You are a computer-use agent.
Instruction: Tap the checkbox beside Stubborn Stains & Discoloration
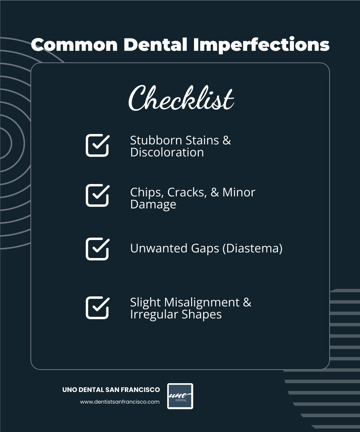pyautogui.click(x=97, y=145)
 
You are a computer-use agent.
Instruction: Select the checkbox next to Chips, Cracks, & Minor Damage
pyautogui.click(x=97, y=195)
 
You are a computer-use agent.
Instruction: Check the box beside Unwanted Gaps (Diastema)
pyautogui.click(x=97, y=249)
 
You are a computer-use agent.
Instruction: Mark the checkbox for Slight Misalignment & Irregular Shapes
pyautogui.click(x=97, y=308)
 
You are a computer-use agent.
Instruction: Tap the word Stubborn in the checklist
pyautogui.click(x=152, y=140)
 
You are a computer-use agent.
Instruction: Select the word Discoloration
pyautogui.click(x=167, y=152)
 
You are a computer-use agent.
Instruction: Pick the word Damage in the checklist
pyautogui.click(x=153, y=204)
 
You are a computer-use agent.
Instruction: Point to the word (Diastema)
pyautogui.click(x=252, y=248)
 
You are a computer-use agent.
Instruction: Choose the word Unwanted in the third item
pyautogui.click(x=154, y=248)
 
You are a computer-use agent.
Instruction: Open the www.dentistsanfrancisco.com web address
pyautogui.click(x=120, y=402)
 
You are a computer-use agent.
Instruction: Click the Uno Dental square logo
pyautogui.click(x=180, y=396)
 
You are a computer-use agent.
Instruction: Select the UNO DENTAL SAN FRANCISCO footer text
pyautogui.click(x=111, y=390)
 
